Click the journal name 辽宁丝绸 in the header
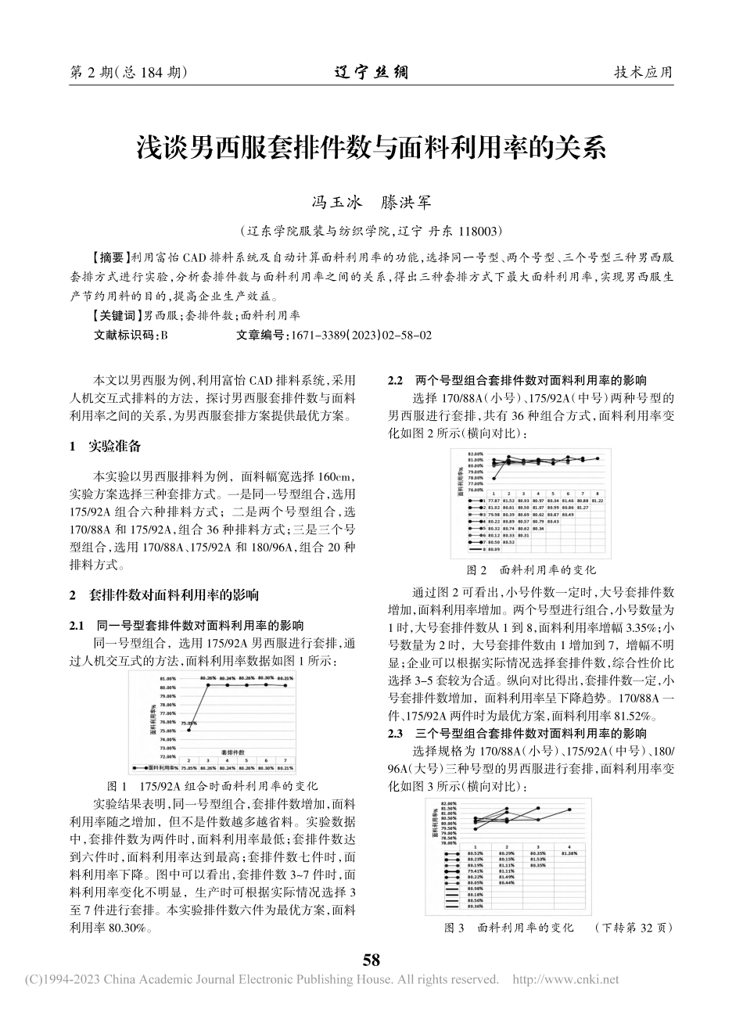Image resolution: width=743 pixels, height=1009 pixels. point(371,73)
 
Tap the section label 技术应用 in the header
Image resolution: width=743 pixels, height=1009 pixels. point(643,73)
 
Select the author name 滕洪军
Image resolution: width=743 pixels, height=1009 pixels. point(411,203)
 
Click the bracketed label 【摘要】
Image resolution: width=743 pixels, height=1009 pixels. point(109,257)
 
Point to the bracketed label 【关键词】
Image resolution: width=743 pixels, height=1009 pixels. point(114,316)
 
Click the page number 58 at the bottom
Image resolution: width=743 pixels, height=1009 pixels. point(371,959)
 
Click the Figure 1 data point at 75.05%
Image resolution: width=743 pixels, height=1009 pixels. point(188,730)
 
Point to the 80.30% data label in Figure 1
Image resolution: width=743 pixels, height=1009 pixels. point(266,677)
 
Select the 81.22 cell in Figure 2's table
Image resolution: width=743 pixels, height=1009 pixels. point(598,500)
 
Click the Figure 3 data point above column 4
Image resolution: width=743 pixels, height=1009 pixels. point(569,810)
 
